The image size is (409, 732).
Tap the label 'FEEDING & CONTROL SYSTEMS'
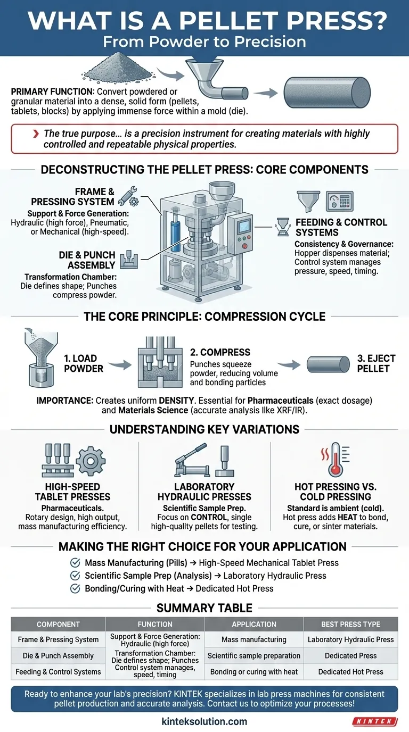point(341,227)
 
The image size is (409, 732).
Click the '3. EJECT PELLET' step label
point(373,363)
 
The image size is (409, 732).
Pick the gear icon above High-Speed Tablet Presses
point(91,460)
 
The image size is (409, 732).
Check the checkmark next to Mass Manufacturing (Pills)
point(75,562)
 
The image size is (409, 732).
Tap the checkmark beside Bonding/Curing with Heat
point(75,588)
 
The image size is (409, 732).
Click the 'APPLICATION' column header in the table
point(253,624)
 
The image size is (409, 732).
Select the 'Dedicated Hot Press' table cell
point(350,672)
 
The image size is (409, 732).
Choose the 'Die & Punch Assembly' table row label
point(59,656)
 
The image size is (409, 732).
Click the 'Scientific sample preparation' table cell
point(253,656)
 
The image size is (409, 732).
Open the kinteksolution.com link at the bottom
point(204,721)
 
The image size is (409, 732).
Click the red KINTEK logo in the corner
point(375,721)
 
